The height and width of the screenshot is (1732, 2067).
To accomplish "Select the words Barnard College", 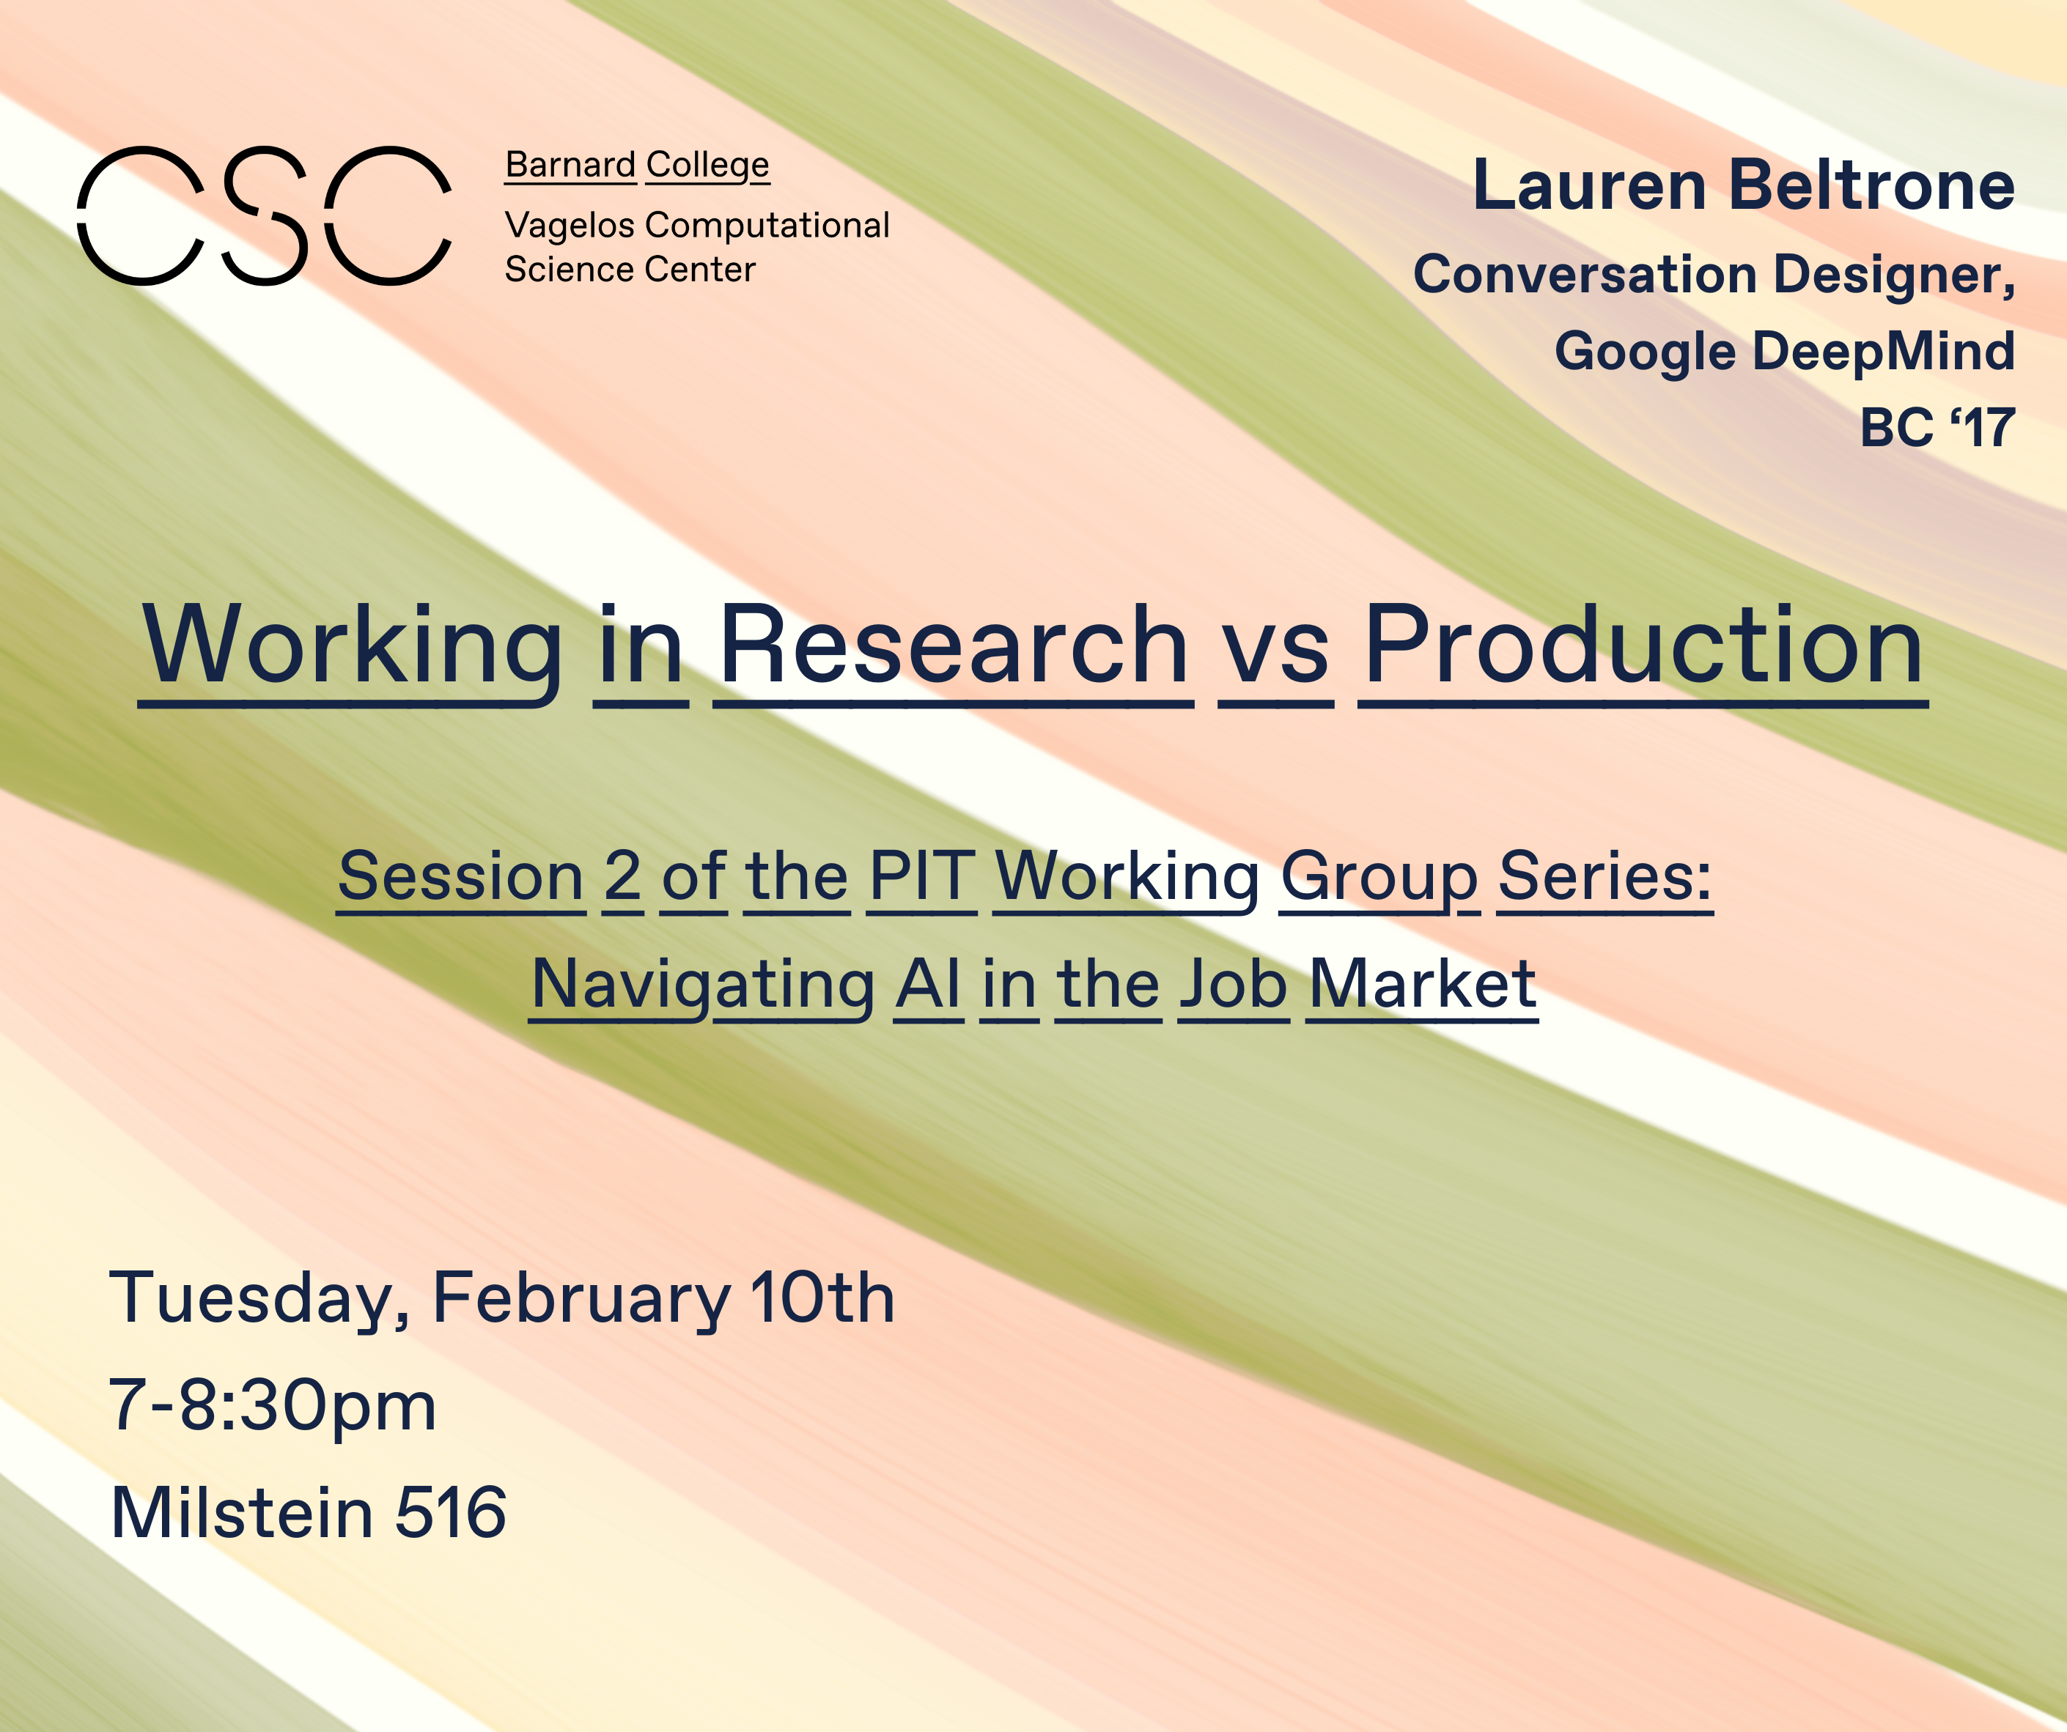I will pyautogui.click(x=637, y=166).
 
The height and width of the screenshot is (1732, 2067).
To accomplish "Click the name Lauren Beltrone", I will pyautogui.click(x=1743, y=186).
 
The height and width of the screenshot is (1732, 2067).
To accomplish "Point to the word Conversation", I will pyautogui.click(x=1585, y=275).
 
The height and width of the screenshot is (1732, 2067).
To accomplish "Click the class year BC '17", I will pyautogui.click(x=1936, y=428).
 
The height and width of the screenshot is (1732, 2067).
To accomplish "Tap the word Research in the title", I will pyautogui.click(x=954, y=646).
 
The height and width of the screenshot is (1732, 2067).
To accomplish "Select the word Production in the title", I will pyautogui.click(x=1643, y=646).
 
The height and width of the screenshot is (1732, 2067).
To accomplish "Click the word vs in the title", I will pyautogui.click(x=1275, y=649).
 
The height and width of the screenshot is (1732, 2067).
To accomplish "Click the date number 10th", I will pyautogui.click(x=822, y=1299).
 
